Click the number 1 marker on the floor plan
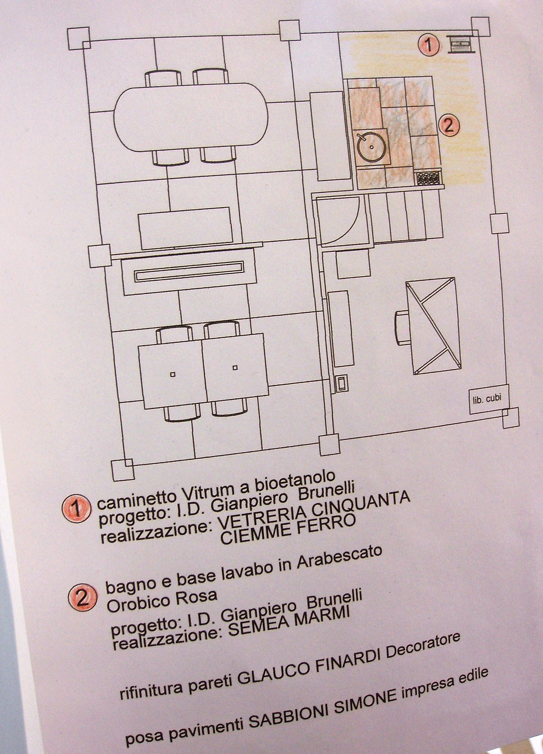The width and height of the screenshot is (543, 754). pos(429,45)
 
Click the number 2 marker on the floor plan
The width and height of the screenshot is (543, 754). pos(449,125)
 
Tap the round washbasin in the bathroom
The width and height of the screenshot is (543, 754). pos(371,147)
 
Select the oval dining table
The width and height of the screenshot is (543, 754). pos(191,117)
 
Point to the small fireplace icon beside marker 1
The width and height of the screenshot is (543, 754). pos(462,44)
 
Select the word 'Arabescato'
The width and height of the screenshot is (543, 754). pos(339,561)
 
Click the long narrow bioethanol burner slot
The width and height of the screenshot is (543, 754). pos(189,271)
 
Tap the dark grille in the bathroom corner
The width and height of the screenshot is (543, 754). pos(428,178)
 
